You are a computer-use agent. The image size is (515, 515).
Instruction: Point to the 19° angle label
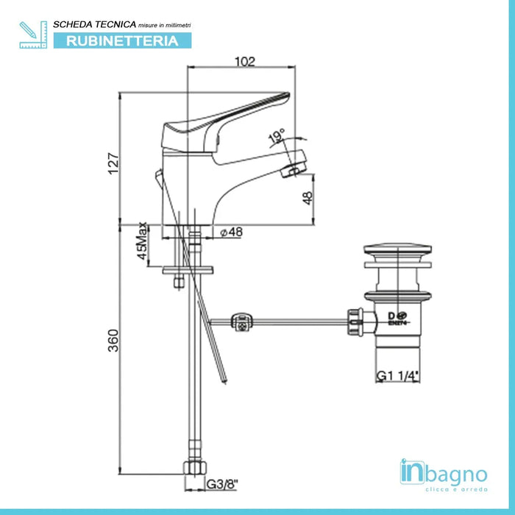pos(277,135)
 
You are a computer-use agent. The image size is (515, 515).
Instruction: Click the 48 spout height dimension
pos(307,198)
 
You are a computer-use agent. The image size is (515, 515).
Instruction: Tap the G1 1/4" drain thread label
pos(398,376)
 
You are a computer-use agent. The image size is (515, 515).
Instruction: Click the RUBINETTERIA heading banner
pos(122,41)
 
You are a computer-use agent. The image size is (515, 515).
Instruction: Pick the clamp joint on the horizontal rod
pos(242,321)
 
